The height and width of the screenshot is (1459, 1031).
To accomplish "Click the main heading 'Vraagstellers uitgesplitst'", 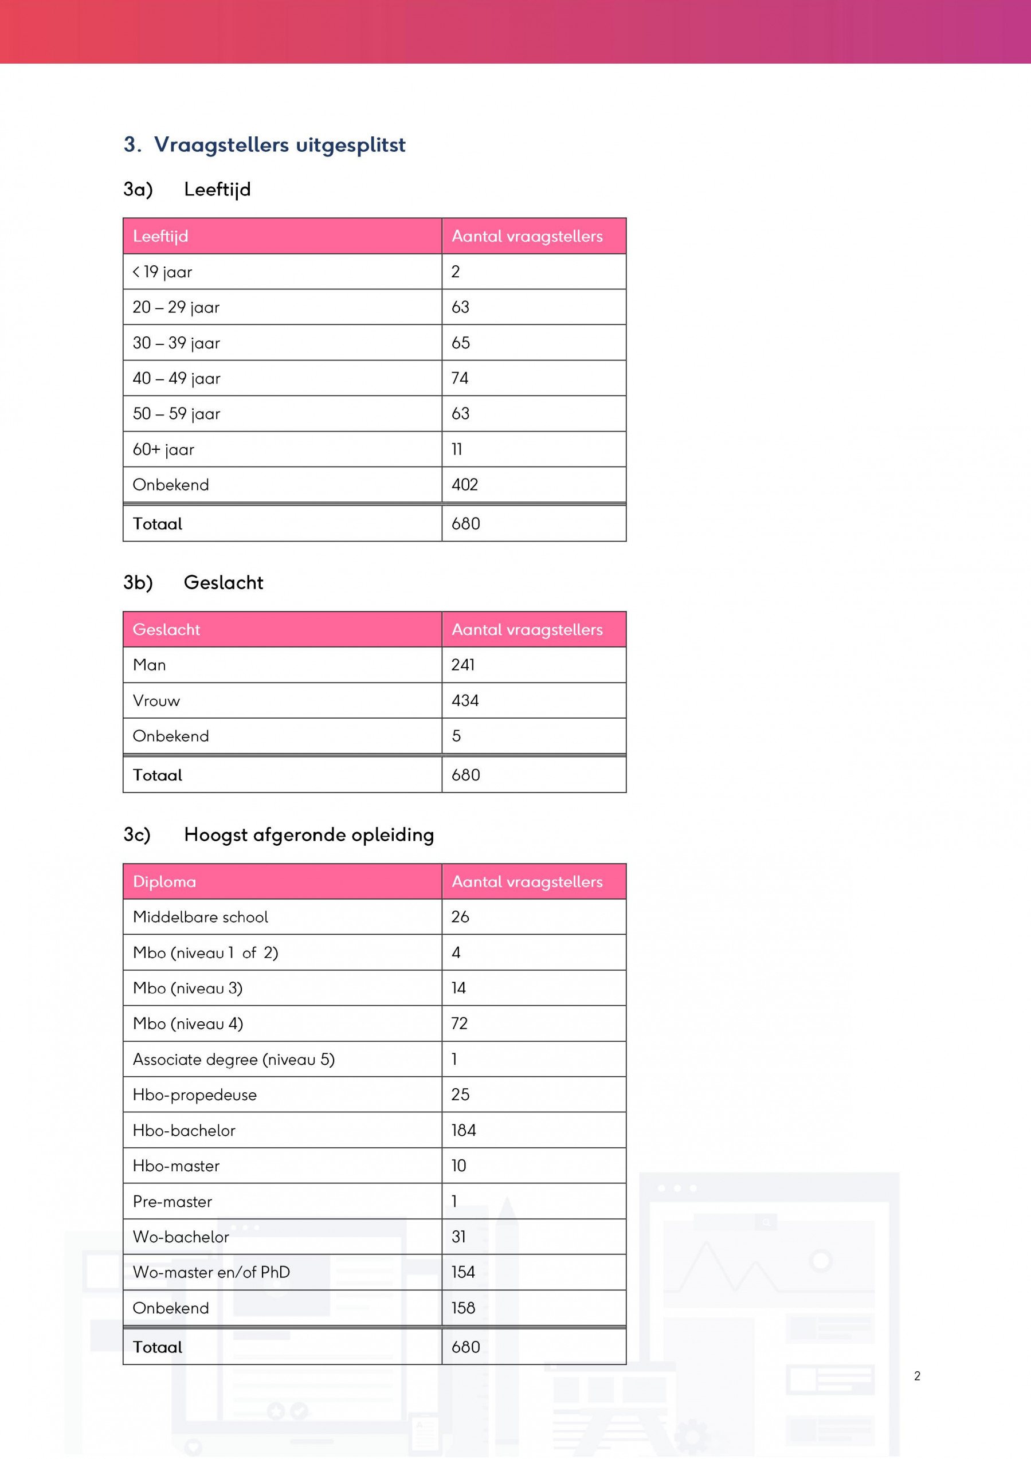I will pyautogui.click(x=279, y=145).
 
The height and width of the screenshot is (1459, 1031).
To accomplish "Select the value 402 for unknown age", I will pyautogui.click(x=465, y=485).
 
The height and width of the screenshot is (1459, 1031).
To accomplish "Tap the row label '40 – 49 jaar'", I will pyautogui.click(x=176, y=379).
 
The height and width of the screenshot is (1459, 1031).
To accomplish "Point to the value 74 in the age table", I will pyautogui.click(x=460, y=379).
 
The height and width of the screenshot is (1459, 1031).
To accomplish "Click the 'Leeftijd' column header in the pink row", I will pyautogui.click(x=160, y=237).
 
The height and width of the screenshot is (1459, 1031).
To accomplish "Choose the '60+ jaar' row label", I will pyautogui.click(x=163, y=450).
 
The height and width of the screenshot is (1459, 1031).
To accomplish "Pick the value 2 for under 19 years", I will pyautogui.click(x=455, y=272).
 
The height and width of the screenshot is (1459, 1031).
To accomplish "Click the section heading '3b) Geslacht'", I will pyautogui.click(x=193, y=583).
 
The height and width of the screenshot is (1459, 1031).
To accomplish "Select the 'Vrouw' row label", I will pyautogui.click(x=156, y=701).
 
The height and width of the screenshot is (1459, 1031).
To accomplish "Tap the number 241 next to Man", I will pyautogui.click(x=462, y=665).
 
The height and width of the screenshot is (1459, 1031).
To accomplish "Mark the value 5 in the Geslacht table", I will pyautogui.click(x=456, y=736).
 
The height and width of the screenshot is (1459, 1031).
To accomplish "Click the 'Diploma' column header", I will pyautogui.click(x=164, y=882).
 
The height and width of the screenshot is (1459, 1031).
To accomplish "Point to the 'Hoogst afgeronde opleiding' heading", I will pyautogui.click(x=308, y=835).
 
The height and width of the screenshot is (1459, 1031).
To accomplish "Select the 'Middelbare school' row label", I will pyautogui.click(x=200, y=917).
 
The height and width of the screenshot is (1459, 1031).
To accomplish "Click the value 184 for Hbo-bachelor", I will pyautogui.click(x=464, y=1131).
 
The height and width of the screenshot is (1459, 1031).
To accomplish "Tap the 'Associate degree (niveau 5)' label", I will pyautogui.click(x=233, y=1060).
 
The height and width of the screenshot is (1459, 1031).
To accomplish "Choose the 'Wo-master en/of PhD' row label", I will pyautogui.click(x=211, y=1272).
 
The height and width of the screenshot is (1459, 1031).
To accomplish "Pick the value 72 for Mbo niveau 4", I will pyautogui.click(x=459, y=1023).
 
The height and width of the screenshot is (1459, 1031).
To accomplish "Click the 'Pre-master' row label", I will pyautogui.click(x=173, y=1202).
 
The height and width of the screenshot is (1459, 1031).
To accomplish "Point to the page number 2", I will pyautogui.click(x=916, y=1376).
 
